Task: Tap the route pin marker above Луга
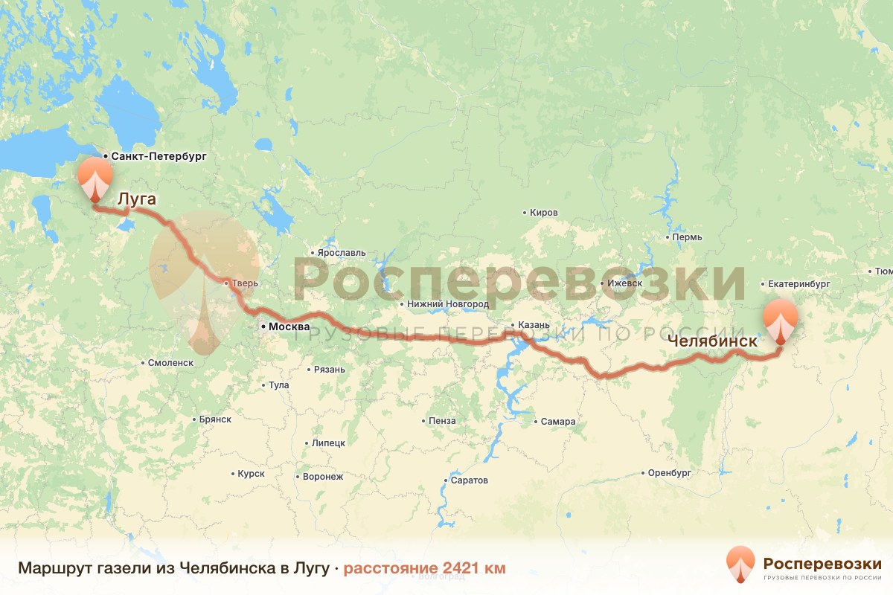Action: pyautogui.click(x=96, y=178)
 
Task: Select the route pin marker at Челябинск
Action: pyautogui.click(x=781, y=321)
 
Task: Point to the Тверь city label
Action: pyautogui.click(x=245, y=283)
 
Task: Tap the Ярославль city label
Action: pyautogui.click(x=342, y=253)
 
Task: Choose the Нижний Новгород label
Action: pyautogui.click(x=447, y=304)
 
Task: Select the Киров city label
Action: pyautogui.click(x=543, y=213)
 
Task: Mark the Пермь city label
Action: pyautogui.click(x=686, y=237)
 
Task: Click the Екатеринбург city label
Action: pyautogui.click(x=798, y=284)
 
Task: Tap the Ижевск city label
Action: pyautogui.click(x=624, y=283)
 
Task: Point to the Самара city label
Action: pyautogui.click(x=558, y=422)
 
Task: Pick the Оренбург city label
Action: pyautogui.click(x=670, y=472)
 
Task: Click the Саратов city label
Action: pyautogui.click(x=470, y=480)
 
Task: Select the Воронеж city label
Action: pyautogui.click(x=323, y=477)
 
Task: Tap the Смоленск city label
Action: pyautogui.click(x=171, y=363)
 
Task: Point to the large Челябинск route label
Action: pyautogui.click(x=712, y=341)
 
